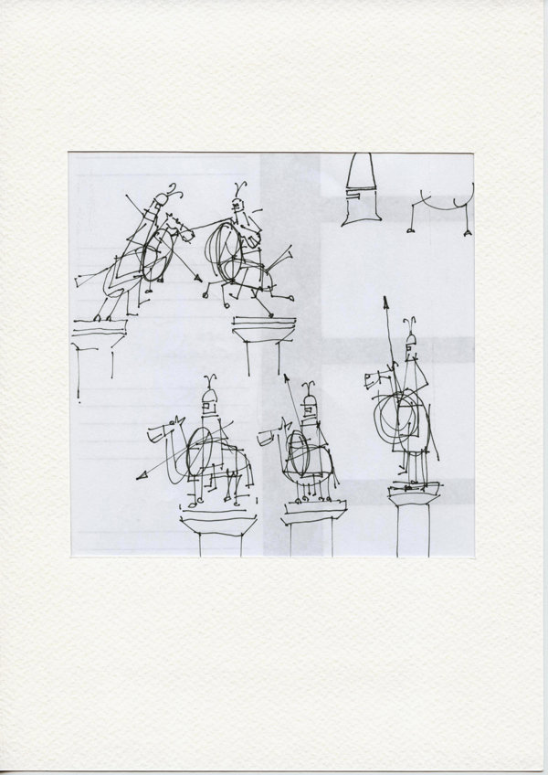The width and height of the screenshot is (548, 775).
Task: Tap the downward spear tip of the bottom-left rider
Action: [140, 475]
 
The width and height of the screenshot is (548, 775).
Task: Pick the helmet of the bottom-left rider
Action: [209, 400]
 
